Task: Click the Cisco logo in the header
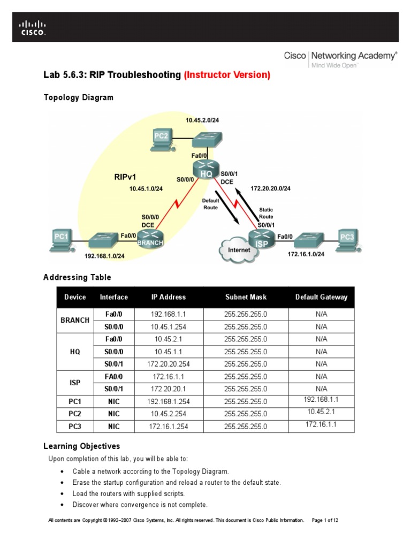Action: point(33,27)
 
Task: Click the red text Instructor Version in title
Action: point(227,75)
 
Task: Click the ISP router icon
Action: point(261,238)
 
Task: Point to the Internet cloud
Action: point(239,249)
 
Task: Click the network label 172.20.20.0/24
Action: point(270,188)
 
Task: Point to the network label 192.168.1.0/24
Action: point(104,256)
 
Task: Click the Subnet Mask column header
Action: point(246,297)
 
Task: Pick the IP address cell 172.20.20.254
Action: point(169,364)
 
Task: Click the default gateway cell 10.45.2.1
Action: point(321,412)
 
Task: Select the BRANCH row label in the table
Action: point(75,320)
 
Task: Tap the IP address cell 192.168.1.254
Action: point(169,401)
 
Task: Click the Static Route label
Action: point(266,213)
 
